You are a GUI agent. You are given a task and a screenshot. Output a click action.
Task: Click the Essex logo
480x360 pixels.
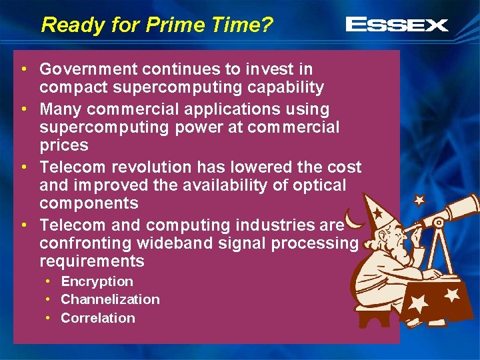[x=397, y=25]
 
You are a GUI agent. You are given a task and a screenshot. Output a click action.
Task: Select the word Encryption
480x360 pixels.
[x=97, y=281]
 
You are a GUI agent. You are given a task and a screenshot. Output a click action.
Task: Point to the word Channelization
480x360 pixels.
[x=110, y=299]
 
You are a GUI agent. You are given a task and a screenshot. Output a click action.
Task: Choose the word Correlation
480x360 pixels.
[x=97, y=318]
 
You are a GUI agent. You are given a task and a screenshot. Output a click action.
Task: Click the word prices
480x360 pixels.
[x=63, y=145]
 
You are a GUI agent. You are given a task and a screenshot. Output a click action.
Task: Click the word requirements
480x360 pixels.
[x=91, y=261]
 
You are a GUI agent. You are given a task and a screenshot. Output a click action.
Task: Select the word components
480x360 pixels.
[x=89, y=203]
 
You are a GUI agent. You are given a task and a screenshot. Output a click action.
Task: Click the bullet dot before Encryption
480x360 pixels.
[x=49, y=282]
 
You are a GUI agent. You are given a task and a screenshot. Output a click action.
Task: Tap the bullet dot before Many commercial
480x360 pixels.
[x=24, y=109]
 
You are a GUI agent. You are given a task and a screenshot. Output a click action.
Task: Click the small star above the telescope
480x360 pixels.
[x=419, y=199]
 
